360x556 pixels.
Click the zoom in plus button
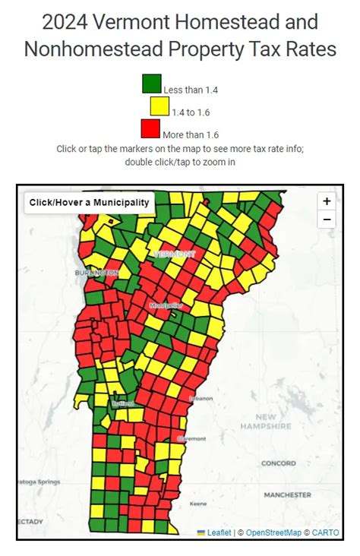(x=327, y=201)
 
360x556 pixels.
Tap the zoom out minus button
(x=327, y=220)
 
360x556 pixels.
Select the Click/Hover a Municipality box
(x=90, y=203)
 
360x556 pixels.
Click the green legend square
(x=152, y=83)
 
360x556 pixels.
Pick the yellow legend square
(x=159, y=106)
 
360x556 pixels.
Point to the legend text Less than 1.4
(x=191, y=90)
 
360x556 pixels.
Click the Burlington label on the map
(x=96, y=272)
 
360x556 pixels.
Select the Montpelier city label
(x=166, y=305)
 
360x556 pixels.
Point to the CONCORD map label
(x=279, y=463)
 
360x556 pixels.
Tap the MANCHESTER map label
(x=287, y=494)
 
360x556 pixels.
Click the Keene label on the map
(x=198, y=504)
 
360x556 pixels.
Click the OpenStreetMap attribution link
(x=273, y=532)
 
